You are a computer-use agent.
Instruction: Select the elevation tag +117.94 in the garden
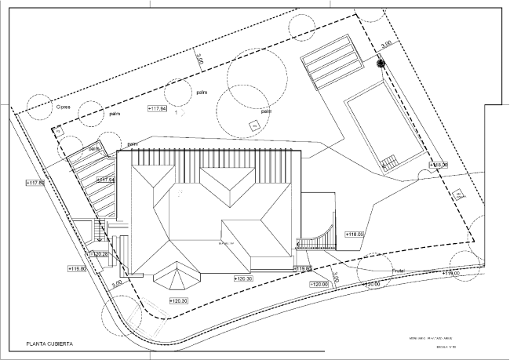point(157,107)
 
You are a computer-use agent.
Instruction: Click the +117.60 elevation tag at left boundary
point(36,183)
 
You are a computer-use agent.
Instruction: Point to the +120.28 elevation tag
point(100,254)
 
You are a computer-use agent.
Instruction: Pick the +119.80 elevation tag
point(77,269)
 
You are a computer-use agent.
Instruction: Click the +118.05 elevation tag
point(355,234)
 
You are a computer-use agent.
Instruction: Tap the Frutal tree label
point(398,271)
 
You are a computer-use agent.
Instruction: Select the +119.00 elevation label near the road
point(450,274)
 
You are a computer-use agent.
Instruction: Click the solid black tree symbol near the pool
point(381,64)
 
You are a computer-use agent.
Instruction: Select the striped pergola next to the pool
point(333,61)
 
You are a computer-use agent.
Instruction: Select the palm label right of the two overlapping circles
point(266,111)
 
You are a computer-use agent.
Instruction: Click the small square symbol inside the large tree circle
point(253,125)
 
